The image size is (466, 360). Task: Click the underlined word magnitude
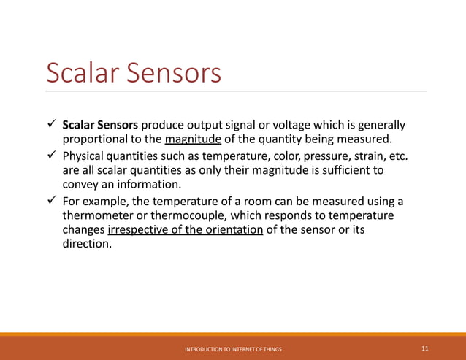tap(193, 139)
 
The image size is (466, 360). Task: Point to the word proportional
tap(97, 139)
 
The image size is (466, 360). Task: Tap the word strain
tap(373, 156)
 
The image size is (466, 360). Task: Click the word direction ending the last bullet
tap(87, 245)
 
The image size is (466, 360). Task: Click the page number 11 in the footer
tap(425, 349)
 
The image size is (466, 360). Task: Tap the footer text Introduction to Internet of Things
tap(233, 350)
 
